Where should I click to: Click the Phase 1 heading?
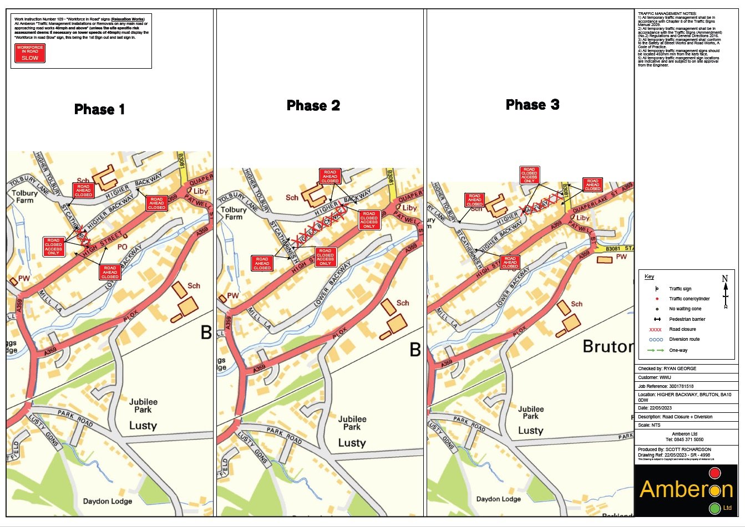[x=99, y=110]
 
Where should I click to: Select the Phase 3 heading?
[x=532, y=105]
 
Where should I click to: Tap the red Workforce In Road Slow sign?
[x=30, y=53]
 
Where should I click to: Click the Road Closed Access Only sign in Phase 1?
[x=54, y=247]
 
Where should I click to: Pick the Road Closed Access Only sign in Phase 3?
[x=529, y=175]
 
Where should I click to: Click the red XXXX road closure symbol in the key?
[x=655, y=330]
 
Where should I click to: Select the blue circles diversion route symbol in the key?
[x=656, y=340]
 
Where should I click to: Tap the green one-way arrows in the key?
[x=656, y=350]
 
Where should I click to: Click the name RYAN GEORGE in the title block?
[x=680, y=369]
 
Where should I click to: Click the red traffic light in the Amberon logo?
[x=714, y=473]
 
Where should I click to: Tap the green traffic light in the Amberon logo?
[x=714, y=508]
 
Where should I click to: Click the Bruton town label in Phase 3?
[x=607, y=347]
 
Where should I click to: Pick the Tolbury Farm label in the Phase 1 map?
[x=24, y=197]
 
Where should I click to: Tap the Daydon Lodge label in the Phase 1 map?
[x=108, y=502]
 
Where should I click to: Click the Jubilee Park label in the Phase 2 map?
[x=352, y=423]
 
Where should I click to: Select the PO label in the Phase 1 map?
[x=122, y=247]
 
